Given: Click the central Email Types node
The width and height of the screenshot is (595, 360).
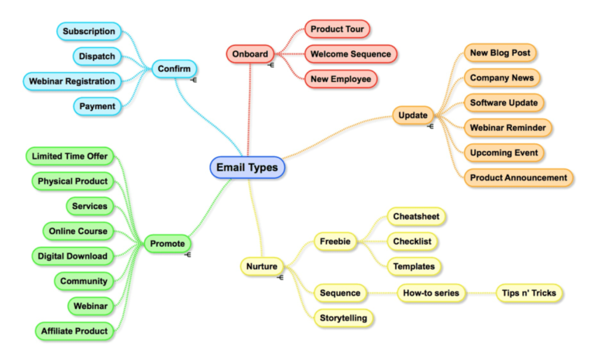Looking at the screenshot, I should (x=248, y=167).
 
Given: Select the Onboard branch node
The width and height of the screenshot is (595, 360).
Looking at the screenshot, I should (x=250, y=53).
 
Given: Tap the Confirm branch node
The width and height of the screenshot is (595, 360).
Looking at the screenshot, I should (x=174, y=68).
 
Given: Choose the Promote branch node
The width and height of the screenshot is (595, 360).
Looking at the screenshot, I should (x=167, y=244).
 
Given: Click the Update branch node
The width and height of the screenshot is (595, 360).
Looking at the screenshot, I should (x=412, y=115).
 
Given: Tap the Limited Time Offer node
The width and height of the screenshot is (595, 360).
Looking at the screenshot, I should (x=70, y=156).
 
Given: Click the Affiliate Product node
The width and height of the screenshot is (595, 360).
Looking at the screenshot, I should (x=75, y=331).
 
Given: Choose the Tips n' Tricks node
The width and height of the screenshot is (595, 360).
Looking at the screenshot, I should (x=529, y=293).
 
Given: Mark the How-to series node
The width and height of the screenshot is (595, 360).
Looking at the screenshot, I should (x=430, y=293).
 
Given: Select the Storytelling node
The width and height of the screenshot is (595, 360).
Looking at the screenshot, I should (x=343, y=317).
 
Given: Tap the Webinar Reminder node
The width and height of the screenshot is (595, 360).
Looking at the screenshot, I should (x=507, y=127).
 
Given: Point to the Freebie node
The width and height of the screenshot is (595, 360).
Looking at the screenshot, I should (x=335, y=242).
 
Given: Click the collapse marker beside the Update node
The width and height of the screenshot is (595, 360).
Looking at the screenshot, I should (x=430, y=126).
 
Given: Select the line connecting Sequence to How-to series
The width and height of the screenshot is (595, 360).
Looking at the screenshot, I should (x=381, y=293).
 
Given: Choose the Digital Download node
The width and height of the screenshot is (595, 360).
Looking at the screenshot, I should (x=72, y=255).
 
